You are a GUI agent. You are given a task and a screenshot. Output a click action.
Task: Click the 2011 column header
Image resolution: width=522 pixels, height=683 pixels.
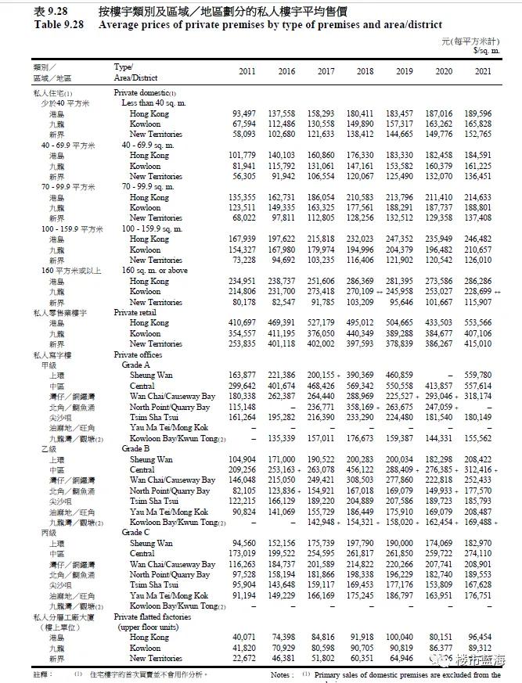[247, 71]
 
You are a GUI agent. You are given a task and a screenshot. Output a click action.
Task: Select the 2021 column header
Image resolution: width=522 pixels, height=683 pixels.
[483, 71]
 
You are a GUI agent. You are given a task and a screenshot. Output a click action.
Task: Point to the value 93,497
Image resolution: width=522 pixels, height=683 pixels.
[242, 113]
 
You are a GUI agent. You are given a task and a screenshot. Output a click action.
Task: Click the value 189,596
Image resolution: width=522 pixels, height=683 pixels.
[477, 113]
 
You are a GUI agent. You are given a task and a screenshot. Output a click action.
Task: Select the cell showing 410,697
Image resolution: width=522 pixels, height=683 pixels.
[242, 322]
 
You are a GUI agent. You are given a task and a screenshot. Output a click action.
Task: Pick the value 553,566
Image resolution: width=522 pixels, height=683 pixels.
[477, 322]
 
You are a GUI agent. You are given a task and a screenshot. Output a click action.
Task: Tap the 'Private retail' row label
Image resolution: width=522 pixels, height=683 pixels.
[138, 312]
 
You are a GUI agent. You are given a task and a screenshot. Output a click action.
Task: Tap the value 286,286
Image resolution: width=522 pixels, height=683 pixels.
[477, 281]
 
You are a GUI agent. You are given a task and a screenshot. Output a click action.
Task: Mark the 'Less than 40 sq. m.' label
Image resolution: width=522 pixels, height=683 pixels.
[153, 103]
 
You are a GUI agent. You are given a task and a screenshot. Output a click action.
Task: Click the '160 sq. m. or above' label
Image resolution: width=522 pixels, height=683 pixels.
[156, 271]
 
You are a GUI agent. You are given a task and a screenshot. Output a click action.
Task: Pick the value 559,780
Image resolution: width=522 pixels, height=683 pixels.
[477, 376]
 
